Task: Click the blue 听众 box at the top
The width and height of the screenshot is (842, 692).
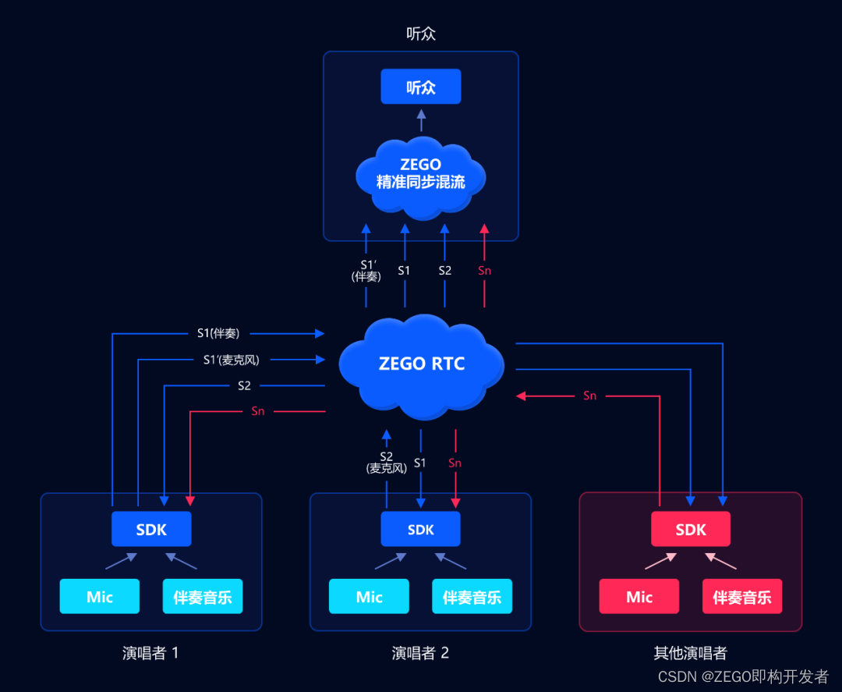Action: click(421, 87)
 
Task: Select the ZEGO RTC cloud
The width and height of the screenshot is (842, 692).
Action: click(422, 364)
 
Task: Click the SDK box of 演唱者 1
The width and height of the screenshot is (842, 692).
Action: click(151, 529)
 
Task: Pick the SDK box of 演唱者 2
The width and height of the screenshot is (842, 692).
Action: click(420, 529)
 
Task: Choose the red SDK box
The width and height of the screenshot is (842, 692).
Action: click(690, 529)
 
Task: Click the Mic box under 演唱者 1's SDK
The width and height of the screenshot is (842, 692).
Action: click(100, 597)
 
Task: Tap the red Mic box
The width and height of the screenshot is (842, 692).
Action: click(639, 597)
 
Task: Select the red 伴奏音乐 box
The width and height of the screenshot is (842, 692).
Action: click(741, 597)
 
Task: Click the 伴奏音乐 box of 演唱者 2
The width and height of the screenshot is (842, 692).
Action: click(472, 597)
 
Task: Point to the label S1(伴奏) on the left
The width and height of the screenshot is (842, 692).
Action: click(218, 334)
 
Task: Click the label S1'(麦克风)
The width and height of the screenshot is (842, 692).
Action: click(231, 360)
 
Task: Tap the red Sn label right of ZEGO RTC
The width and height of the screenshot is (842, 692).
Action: click(590, 396)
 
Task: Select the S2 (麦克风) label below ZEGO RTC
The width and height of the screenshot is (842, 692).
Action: click(386, 462)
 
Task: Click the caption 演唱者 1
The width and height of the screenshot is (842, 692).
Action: click(150, 653)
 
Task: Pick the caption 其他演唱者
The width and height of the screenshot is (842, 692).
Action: click(690, 653)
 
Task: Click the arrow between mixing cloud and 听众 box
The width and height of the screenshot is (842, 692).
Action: click(421, 120)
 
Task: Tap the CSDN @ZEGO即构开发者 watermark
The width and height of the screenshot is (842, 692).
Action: click(743, 676)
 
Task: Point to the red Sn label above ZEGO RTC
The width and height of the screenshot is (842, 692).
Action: click(484, 271)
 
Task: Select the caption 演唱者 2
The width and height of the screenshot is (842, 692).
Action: click(420, 653)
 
